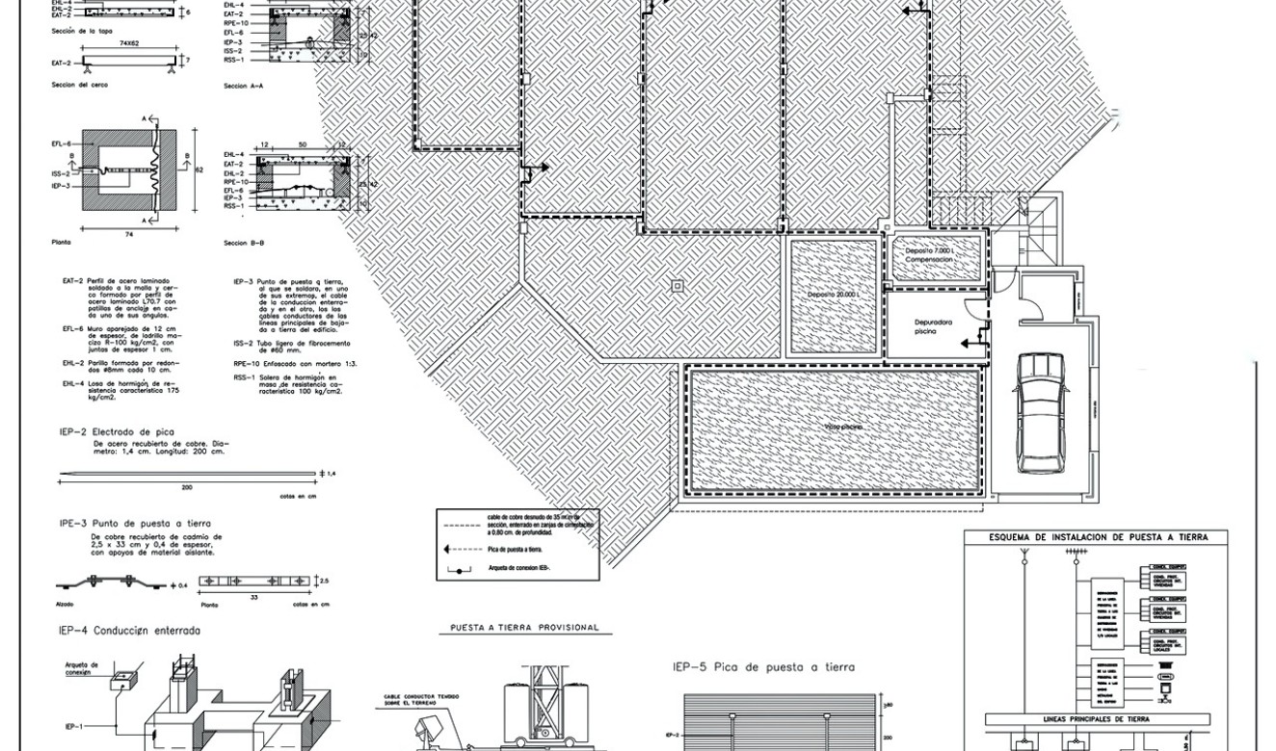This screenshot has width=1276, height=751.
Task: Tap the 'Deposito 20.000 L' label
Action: point(834,294)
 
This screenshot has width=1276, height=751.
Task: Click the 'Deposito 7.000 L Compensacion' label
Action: point(929,255)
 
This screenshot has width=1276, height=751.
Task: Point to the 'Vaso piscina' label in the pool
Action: point(842,427)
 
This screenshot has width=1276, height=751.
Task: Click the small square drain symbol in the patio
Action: point(678,285)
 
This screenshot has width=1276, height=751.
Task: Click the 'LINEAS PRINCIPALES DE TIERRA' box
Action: point(1097,719)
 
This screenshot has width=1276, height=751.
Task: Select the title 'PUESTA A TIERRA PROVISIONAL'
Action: point(524,628)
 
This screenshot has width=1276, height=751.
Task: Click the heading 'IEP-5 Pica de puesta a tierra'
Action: point(763,666)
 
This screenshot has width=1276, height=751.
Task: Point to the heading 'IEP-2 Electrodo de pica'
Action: point(117,432)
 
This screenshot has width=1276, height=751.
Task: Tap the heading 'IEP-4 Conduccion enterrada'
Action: point(129,631)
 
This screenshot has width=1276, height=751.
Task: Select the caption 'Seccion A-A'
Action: point(243,86)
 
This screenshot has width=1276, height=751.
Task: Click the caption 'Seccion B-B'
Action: point(243,243)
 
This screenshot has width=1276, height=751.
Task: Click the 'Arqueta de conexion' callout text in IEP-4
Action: point(83,668)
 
